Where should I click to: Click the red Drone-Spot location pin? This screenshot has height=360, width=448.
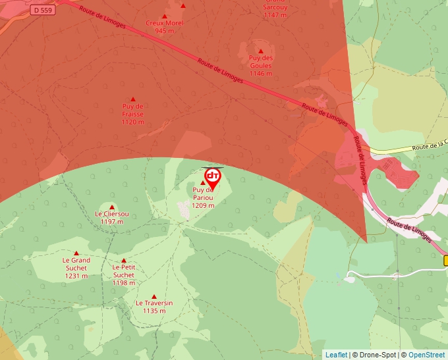coord(213,177)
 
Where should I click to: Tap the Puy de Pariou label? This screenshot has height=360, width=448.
coord(204,197)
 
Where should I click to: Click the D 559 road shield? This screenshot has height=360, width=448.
coord(42,10)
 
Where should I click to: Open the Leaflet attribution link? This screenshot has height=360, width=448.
coord(336,355)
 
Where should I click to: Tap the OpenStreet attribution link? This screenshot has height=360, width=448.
coord(427,355)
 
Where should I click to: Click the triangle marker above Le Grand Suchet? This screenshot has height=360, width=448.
coord(76,253)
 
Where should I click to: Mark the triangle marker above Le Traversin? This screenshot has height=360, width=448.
coord(154,296)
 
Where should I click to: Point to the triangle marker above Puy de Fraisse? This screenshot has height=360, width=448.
coord(133,99)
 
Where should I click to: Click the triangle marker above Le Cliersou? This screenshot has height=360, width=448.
coord(112,207)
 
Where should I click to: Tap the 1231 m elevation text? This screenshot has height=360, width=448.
coord(76,276)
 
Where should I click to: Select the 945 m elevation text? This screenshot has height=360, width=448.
coord(165,30)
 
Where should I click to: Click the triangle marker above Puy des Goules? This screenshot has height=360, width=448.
coord(261,51)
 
